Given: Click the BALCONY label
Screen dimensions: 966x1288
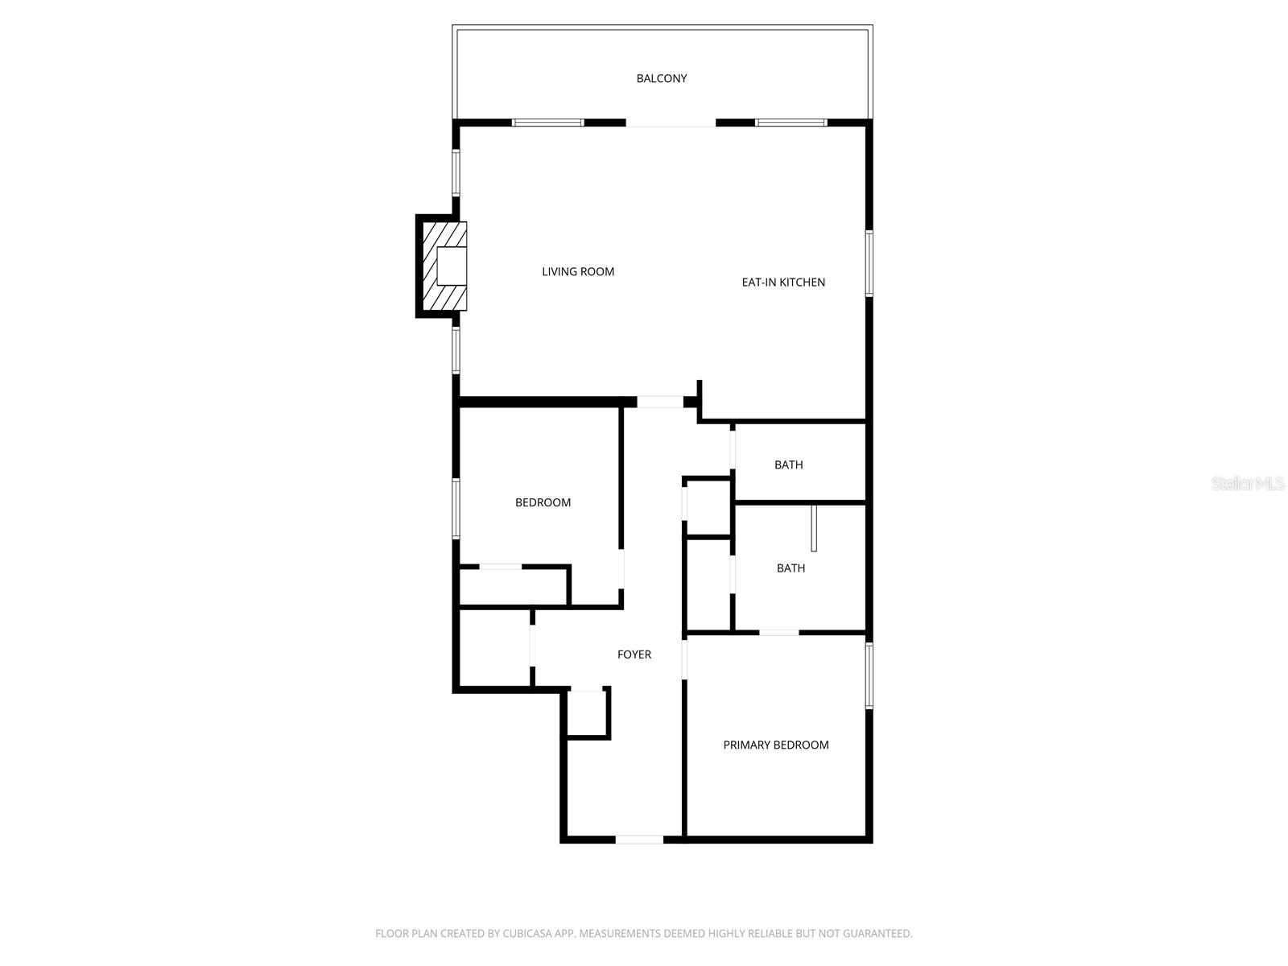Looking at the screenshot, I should pos(662,78).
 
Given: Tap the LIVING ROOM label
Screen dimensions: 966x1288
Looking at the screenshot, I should pos(578,272).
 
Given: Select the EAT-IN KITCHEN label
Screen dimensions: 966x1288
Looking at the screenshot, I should pos(783,283).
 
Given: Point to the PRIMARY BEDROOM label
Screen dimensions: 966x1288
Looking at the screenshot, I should pos(776,745).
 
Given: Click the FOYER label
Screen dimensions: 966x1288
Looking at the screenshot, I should pos(634,654).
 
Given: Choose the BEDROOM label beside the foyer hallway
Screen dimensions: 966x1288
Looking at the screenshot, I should pos(543,502).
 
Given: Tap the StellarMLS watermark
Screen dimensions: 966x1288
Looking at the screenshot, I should pos(1247,484).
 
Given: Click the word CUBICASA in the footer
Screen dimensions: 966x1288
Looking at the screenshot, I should pos(531,934).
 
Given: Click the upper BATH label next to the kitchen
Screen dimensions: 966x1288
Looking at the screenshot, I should pos(789,464).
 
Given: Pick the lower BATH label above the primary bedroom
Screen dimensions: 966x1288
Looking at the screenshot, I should pos(791,568).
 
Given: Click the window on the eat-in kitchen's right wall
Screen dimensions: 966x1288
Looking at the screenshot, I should pos(869,264).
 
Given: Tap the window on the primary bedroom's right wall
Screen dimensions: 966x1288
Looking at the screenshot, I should pos(869,675).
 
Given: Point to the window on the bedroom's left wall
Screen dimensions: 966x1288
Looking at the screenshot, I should pos(456,509).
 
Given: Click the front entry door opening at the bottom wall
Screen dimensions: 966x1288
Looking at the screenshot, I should pos(639,840).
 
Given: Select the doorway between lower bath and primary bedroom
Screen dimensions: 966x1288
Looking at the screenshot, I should pos(779,633).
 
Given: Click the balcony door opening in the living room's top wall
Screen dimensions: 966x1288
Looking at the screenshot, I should pos(671,123).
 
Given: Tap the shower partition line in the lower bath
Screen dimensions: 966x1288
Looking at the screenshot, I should pos(814,528).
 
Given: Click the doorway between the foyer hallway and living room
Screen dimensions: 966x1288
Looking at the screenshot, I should pos(660,402).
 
